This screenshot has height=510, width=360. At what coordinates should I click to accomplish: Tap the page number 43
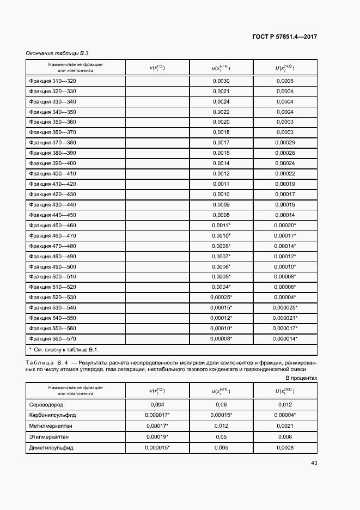click(x=314, y=463)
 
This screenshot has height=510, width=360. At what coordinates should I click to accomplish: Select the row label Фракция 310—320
click(x=53, y=81)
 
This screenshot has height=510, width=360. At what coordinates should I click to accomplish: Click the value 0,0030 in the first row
click(x=221, y=81)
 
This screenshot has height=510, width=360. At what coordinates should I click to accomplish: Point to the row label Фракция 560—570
click(x=53, y=339)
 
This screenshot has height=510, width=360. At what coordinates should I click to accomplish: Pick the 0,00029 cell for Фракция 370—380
click(x=285, y=143)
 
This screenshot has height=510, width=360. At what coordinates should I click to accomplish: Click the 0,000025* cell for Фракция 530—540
click(x=285, y=308)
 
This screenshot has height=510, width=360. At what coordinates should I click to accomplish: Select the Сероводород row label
click(x=47, y=405)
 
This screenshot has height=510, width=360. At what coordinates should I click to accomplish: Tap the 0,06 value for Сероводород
click(x=221, y=405)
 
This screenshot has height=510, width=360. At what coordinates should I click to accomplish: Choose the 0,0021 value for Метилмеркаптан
click(x=285, y=426)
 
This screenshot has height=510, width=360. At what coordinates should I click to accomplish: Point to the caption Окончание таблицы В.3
click(x=57, y=53)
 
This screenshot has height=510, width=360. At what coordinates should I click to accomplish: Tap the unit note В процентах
click(x=301, y=378)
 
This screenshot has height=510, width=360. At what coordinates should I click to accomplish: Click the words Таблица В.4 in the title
click(x=46, y=362)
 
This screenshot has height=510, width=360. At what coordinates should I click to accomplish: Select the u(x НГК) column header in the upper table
click(x=221, y=68)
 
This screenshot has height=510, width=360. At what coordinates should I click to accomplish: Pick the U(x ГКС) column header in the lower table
click(x=285, y=390)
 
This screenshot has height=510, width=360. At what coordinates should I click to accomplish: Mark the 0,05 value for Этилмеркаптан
click(x=221, y=436)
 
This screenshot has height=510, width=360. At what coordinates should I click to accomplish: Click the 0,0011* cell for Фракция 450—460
click(x=221, y=226)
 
